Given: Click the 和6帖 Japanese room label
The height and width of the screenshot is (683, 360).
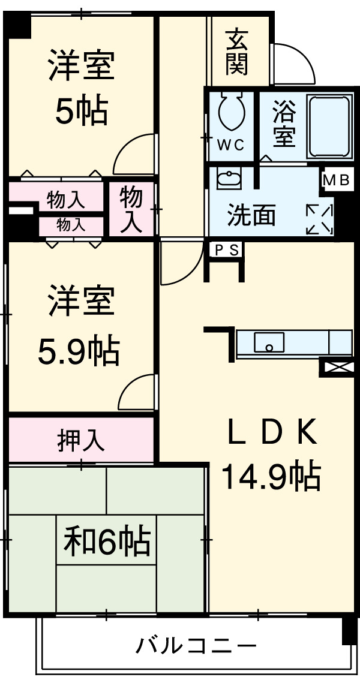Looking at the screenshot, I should [106, 541].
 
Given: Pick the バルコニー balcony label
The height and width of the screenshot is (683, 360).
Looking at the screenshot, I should [196, 646].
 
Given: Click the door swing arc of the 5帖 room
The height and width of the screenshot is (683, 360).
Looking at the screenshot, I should [133, 153].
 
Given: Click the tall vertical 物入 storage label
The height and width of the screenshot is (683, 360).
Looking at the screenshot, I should [131, 209].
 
